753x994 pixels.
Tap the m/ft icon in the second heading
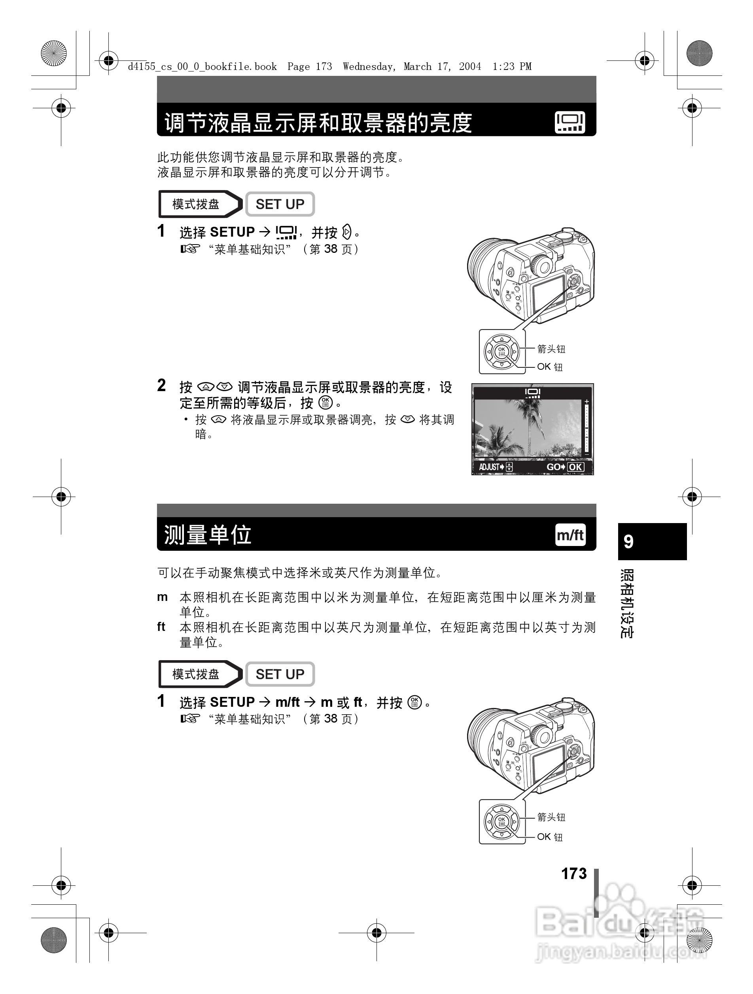point(570,535)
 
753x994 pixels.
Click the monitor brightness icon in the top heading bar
point(569,122)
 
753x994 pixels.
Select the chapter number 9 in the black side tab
point(628,542)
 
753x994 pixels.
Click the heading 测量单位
point(207,535)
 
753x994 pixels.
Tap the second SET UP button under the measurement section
point(279,674)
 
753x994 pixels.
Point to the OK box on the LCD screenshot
point(575,467)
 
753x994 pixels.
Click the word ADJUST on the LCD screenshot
point(489,467)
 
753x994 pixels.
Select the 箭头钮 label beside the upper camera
point(551,349)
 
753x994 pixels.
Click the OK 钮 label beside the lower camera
point(550,837)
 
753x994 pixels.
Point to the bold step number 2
point(161,386)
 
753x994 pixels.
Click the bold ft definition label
point(161,627)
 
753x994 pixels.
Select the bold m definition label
point(162,597)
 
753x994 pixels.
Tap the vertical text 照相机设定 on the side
point(627,604)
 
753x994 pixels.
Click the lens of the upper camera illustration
point(479,269)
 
